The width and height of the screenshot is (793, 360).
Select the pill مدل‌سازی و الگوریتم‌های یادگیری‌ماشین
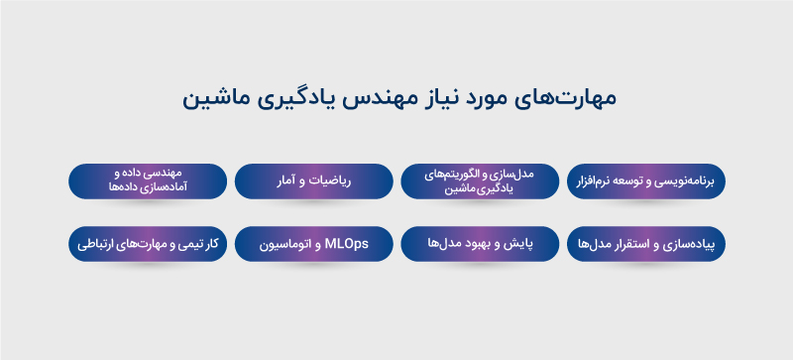click(x=480, y=182)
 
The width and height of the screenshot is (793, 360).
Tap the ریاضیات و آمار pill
click(x=313, y=182)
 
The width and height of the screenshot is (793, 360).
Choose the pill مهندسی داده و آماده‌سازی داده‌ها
click(x=147, y=182)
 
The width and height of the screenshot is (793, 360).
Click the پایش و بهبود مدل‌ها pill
click(x=480, y=244)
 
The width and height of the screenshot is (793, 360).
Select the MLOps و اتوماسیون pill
click(x=313, y=244)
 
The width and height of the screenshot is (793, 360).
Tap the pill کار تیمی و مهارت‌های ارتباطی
click(x=147, y=244)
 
